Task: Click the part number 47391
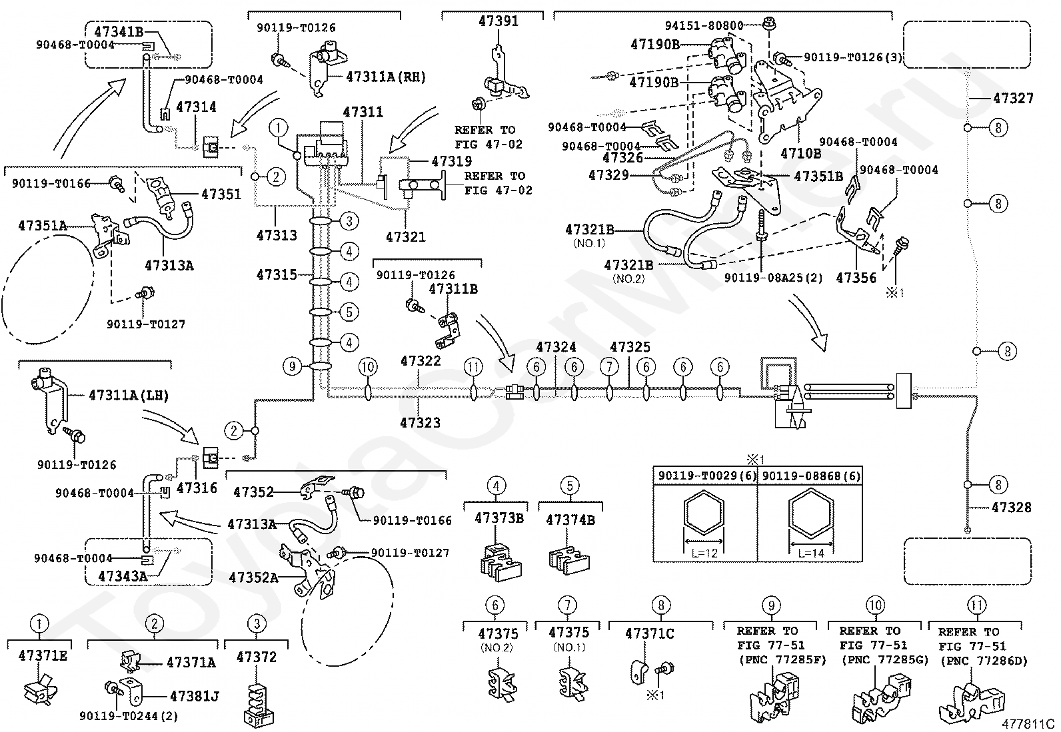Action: [499, 21]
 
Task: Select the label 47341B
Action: [119, 32]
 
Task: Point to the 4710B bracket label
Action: [801, 153]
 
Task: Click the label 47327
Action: [1013, 99]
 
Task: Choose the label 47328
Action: [1011, 508]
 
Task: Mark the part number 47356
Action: [856, 278]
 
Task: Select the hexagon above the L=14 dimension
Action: [811, 514]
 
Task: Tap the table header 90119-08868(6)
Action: [811, 476]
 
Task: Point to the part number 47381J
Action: [194, 696]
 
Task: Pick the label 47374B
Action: [570, 520]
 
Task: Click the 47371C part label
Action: [649, 633]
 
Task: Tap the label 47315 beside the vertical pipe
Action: [277, 274]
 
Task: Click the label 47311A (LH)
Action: [129, 396]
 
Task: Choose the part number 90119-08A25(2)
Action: [774, 278]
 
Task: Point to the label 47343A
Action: [123, 576]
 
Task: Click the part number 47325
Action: [630, 347]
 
